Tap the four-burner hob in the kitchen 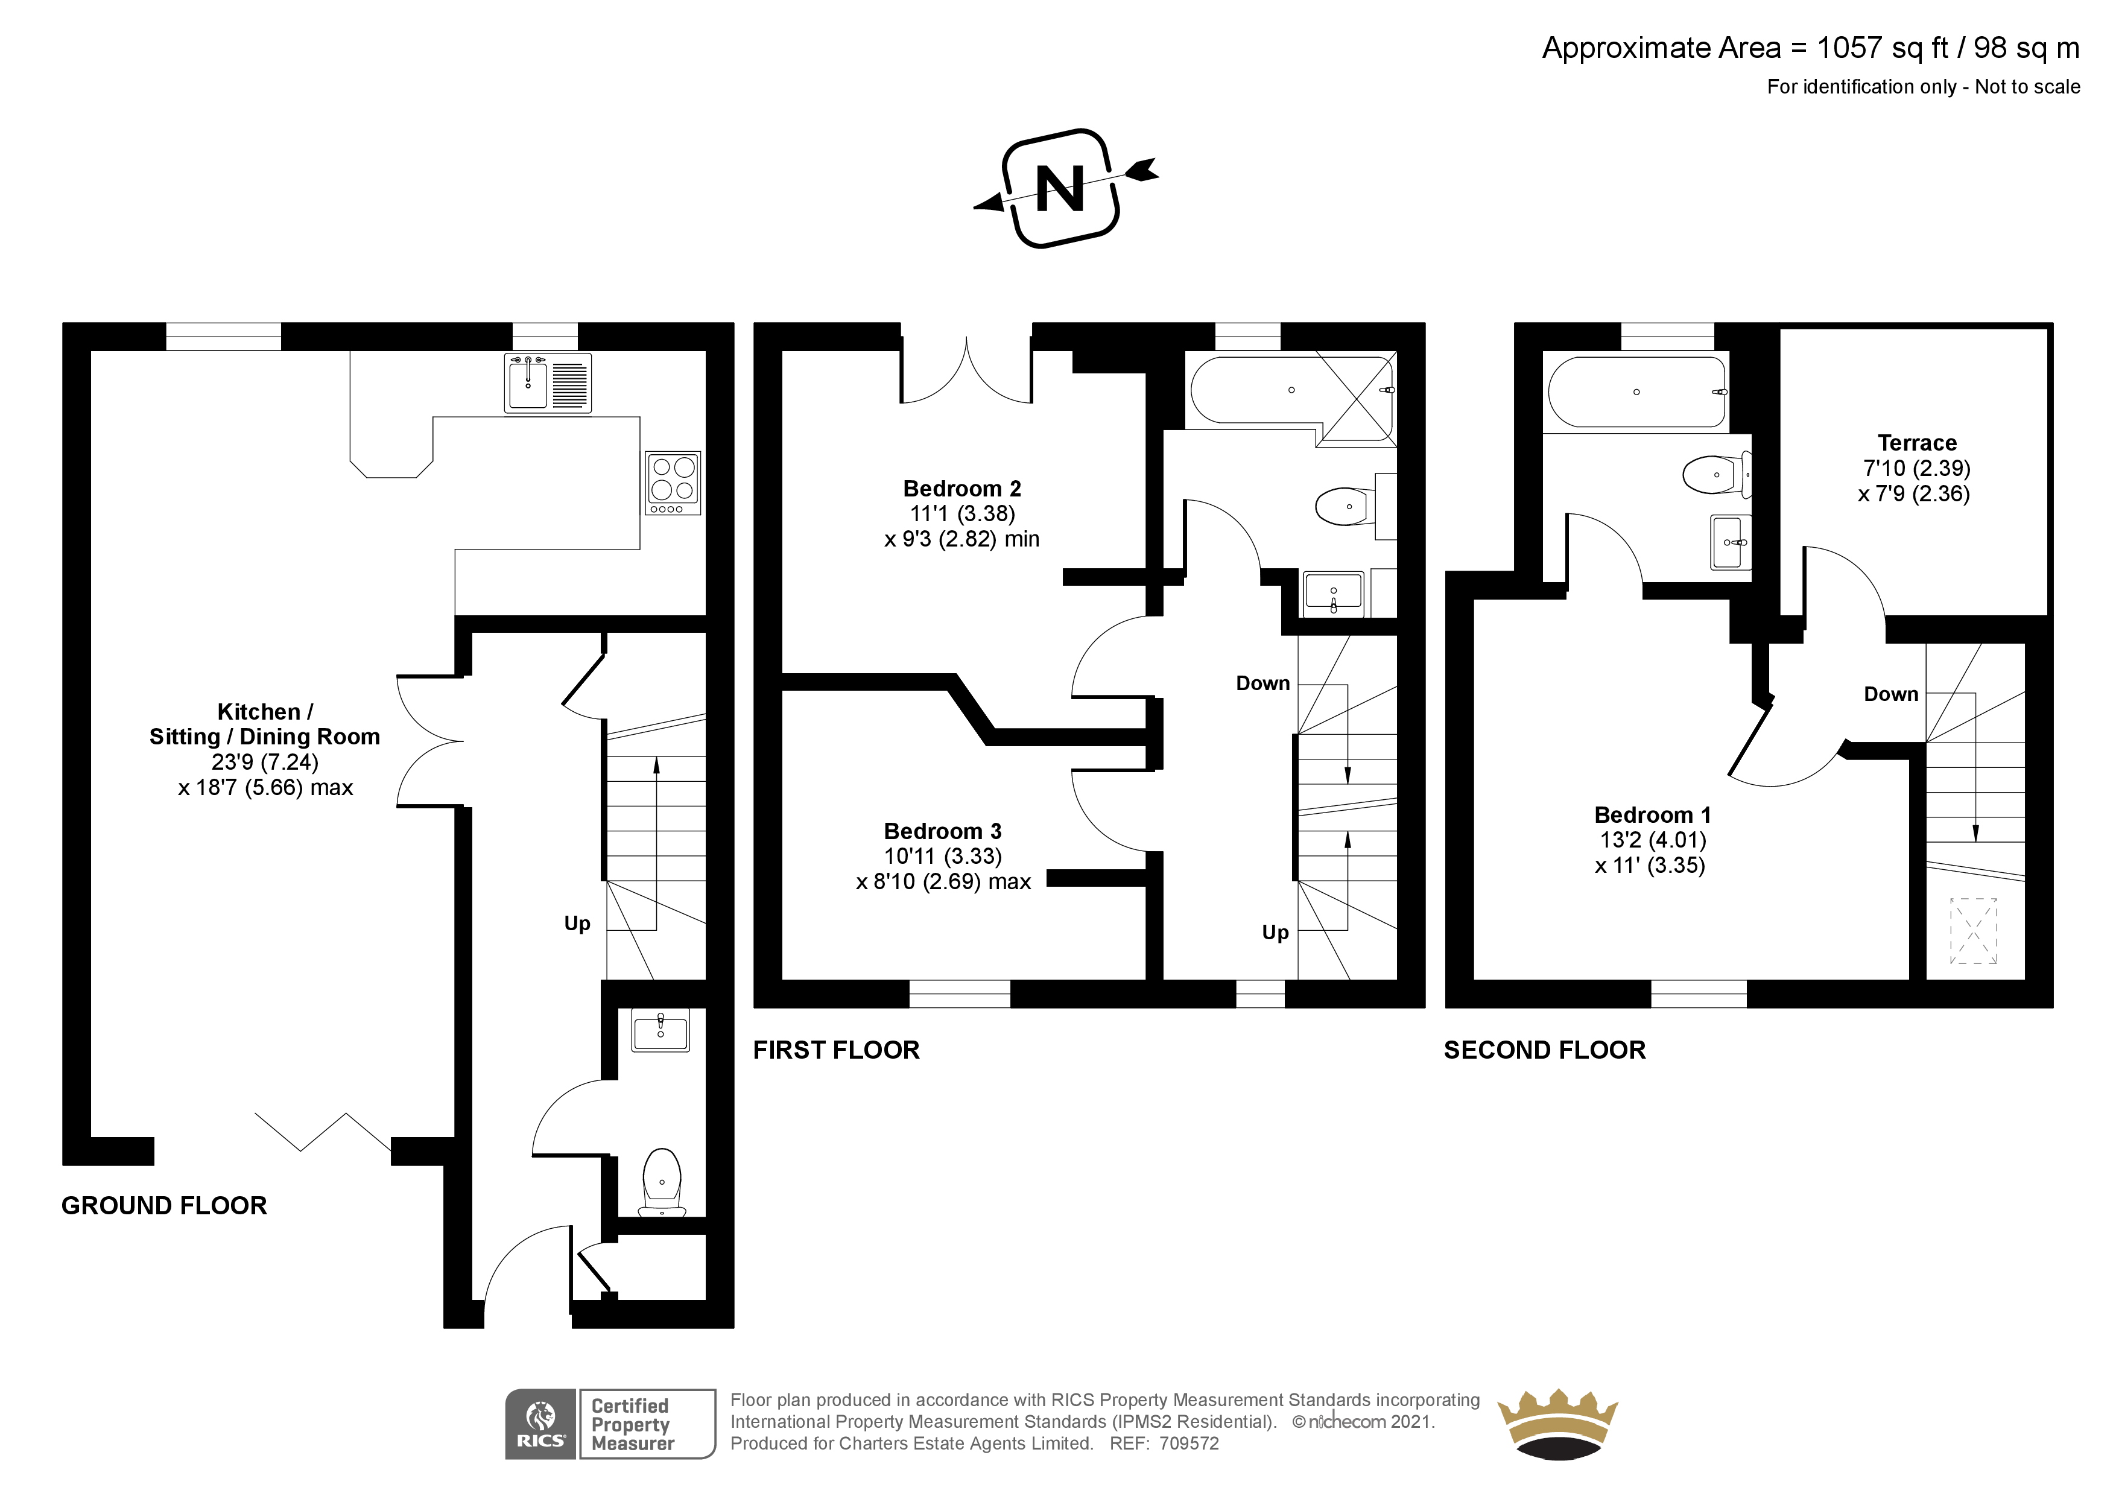tap(673, 482)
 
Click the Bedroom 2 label tap(961, 489)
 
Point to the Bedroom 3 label tap(942, 831)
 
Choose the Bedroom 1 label tap(1652, 815)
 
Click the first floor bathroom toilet tap(1346, 506)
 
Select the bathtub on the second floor tap(1636, 391)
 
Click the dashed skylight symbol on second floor tap(1973, 931)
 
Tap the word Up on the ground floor tap(577, 924)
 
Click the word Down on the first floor tap(1262, 683)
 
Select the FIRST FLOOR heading tap(836, 1050)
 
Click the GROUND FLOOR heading tap(164, 1206)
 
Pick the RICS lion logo tap(540, 1424)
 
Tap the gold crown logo tap(1557, 1424)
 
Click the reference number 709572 tap(1189, 1444)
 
